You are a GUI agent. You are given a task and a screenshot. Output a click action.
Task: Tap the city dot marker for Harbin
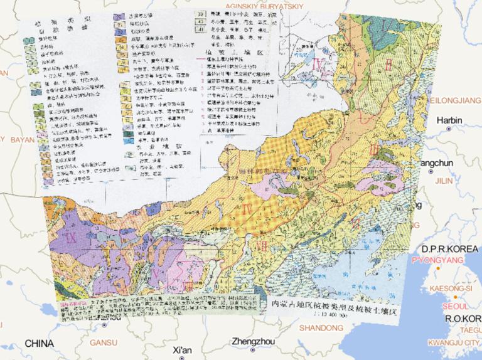point(449,129)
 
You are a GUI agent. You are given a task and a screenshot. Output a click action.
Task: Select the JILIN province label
point(444,180)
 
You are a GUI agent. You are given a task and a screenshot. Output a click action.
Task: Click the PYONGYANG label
point(437,260)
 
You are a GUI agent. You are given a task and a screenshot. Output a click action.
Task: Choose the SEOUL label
point(454,307)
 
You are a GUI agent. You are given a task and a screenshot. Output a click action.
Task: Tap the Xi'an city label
point(181,349)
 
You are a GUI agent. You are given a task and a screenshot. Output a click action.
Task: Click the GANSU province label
point(104,343)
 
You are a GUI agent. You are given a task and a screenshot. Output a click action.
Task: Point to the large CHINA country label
point(39,343)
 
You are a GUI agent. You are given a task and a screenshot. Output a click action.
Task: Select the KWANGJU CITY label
point(453,343)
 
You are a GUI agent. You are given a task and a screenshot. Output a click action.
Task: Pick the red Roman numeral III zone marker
point(374,149)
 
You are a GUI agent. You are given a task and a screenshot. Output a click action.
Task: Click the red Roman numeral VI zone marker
point(357,221)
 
